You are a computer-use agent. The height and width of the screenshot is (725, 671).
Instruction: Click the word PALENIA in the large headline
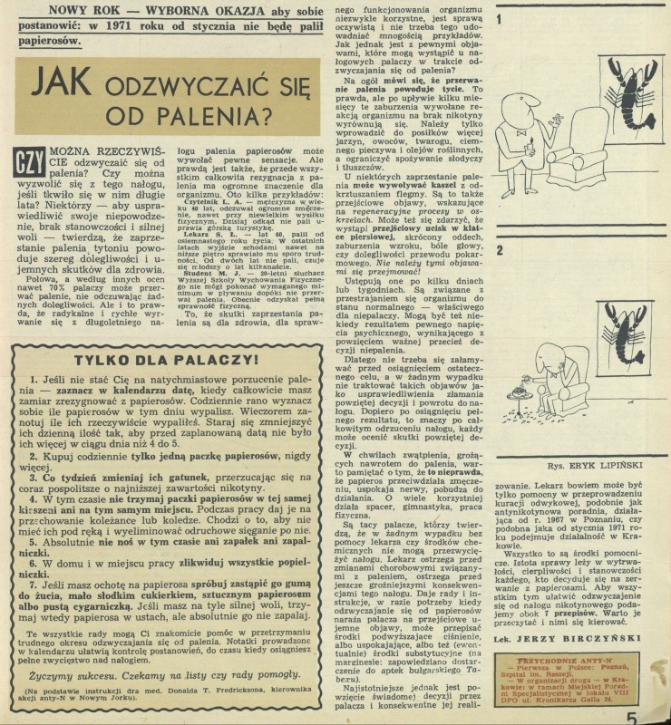pos(223,117)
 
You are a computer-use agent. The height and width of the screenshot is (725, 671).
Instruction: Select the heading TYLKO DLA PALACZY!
pos(165,359)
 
